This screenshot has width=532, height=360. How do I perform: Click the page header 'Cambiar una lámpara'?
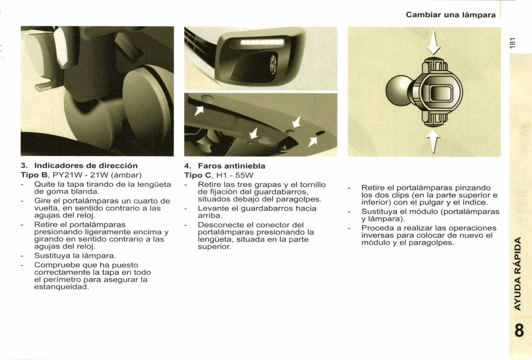point(450,15)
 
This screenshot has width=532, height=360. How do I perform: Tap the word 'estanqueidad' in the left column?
point(61,287)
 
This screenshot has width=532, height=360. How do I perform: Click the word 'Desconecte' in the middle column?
point(219,225)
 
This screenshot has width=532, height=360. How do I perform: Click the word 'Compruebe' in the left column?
point(53,265)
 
